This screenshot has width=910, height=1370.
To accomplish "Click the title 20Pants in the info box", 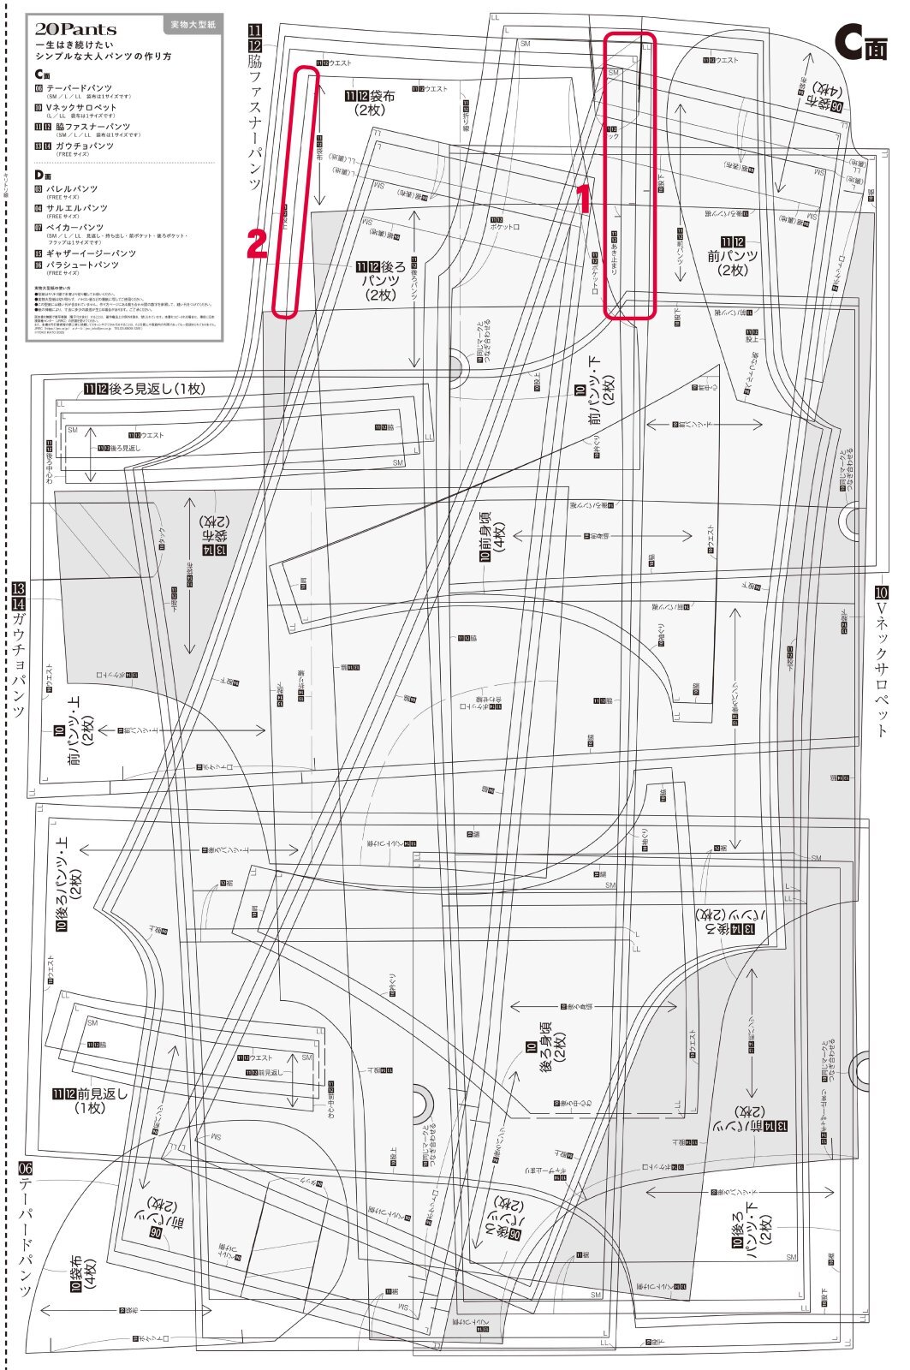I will click(75, 30).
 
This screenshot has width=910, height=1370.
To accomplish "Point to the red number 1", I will click(584, 199).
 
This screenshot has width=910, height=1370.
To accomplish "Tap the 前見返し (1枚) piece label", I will click(90, 1100).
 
